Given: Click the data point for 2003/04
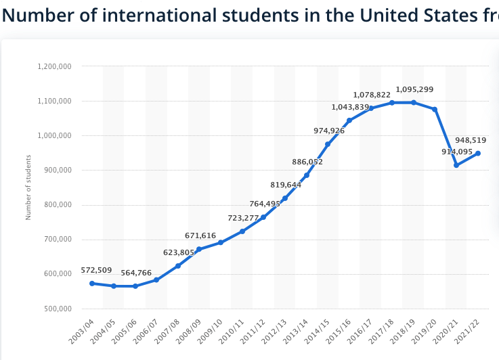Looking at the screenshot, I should tap(92, 284).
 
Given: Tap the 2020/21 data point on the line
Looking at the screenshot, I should tap(456, 165).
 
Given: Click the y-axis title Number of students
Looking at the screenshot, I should tap(28, 187).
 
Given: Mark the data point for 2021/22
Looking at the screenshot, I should tap(478, 153).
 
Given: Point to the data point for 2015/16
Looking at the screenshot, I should tap(349, 120).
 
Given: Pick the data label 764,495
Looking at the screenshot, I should tap(265, 204).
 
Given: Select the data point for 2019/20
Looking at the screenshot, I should tap(435, 109).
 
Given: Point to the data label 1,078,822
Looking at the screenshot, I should tap(372, 95).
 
